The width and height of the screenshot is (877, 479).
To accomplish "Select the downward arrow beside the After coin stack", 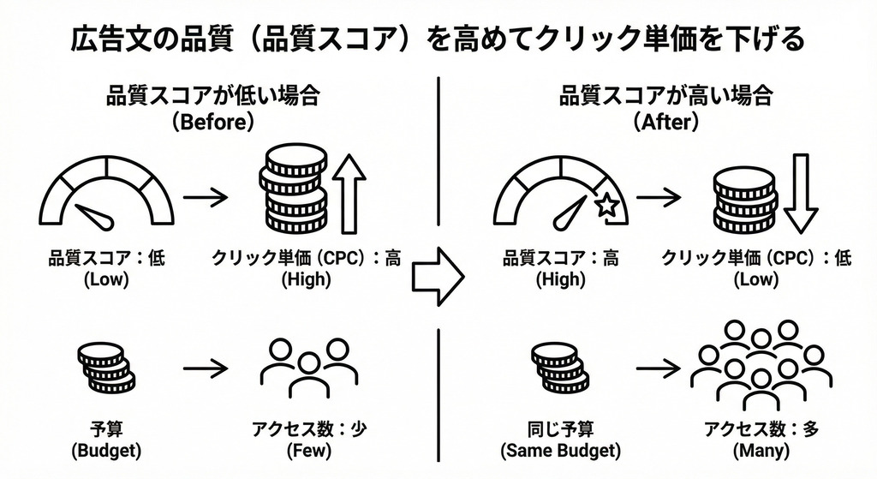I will [x=802, y=194].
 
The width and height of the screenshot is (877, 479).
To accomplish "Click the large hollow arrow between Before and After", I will [x=438, y=276].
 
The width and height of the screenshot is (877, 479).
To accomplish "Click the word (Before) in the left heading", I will [x=212, y=123].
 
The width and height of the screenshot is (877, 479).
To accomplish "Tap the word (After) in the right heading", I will [x=666, y=123].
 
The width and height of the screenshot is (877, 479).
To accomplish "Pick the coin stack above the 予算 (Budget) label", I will [x=104, y=368].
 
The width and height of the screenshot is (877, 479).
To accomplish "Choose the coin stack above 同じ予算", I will [x=559, y=368].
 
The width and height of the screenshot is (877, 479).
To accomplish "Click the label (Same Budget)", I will [x=560, y=449].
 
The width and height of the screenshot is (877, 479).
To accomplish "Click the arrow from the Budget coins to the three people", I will [x=206, y=368].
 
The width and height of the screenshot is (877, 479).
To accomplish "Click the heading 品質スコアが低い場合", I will [x=212, y=96].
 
